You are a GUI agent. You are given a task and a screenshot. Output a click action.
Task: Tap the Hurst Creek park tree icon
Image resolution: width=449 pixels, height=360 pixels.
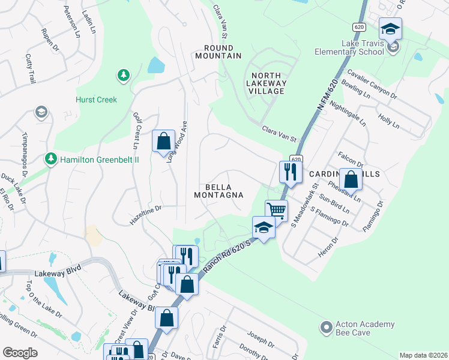tap(123, 75)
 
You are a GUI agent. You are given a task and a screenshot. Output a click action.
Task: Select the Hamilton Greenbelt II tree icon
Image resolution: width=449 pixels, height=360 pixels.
tap(50, 159)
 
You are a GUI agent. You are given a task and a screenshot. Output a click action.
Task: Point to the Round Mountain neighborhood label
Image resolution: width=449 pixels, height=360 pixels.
tap(218, 52)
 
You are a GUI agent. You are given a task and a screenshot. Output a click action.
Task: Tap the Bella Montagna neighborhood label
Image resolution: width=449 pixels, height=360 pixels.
tap(218, 191)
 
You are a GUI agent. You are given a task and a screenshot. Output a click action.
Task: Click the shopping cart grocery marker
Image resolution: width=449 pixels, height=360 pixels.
tap(276, 210)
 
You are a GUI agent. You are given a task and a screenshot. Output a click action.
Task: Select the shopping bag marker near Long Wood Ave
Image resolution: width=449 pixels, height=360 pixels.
tap(163, 142)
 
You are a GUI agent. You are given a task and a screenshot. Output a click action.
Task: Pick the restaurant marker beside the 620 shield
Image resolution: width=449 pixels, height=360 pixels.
tap(290, 172)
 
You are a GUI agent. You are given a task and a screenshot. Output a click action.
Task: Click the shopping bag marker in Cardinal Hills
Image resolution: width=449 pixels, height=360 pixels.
tap(351, 179)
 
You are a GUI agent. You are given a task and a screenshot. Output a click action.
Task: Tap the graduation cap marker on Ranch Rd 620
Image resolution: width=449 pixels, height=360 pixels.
tap(263, 227)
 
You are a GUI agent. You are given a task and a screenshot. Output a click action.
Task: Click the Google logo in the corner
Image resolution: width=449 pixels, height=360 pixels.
tap(20, 353)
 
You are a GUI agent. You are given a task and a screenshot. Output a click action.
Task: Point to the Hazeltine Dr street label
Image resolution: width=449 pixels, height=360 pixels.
tap(146, 215)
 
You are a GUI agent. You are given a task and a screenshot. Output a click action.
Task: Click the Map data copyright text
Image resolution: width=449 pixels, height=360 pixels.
tap(423, 355)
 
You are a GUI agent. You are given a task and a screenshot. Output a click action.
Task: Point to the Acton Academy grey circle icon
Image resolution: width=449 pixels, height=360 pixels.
tap(326, 328)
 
